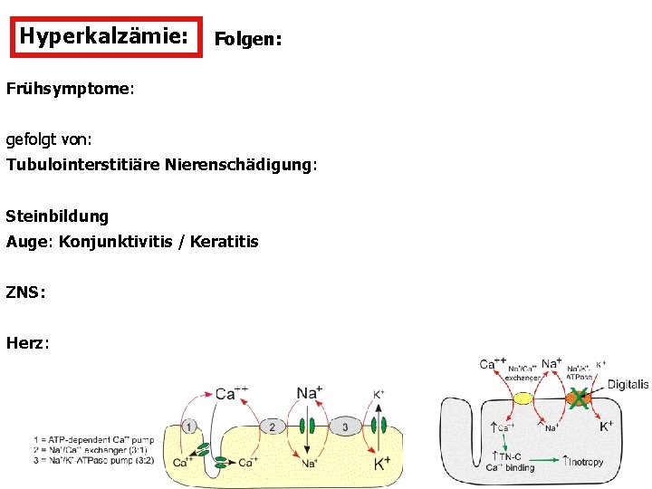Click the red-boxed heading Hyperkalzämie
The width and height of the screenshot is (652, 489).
tap(104, 36)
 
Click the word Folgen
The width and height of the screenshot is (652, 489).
tap(247, 41)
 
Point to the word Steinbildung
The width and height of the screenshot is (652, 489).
tap(57, 216)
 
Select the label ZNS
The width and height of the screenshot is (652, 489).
tap(24, 292)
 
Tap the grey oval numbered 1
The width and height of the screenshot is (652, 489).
tap(189, 427)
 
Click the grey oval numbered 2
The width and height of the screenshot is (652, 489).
tap(273, 427)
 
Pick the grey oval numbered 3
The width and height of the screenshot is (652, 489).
tap(345, 427)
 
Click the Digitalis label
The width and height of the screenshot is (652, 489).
tap(628, 384)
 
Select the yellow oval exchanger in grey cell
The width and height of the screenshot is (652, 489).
tap(523, 398)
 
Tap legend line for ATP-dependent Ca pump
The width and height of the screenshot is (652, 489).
tap(91, 440)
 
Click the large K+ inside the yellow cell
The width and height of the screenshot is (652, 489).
tap(382, 463)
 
